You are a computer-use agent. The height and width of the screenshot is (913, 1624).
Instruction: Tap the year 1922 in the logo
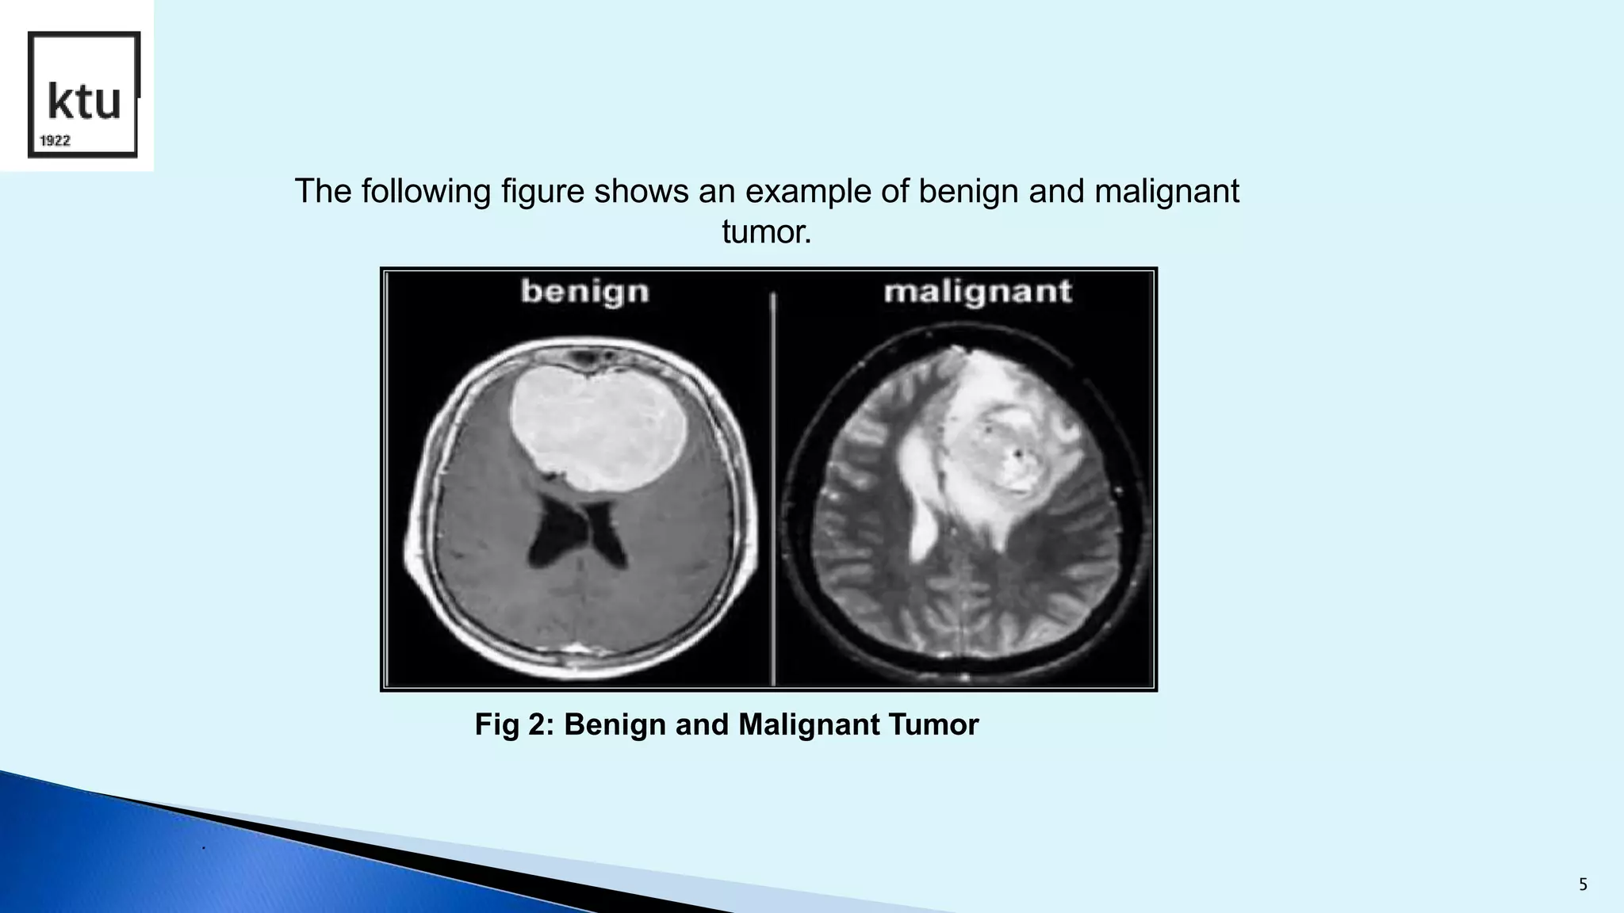click(x=56, y=141)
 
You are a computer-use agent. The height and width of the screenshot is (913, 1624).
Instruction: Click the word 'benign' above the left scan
click(x=585, y=292)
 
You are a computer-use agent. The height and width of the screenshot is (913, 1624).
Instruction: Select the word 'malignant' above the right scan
click(x=977, y=292)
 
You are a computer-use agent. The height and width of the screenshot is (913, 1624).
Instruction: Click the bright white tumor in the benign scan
click(x=599, y=432)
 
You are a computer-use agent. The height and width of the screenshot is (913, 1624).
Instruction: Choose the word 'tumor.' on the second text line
click(x=766, y=233)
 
